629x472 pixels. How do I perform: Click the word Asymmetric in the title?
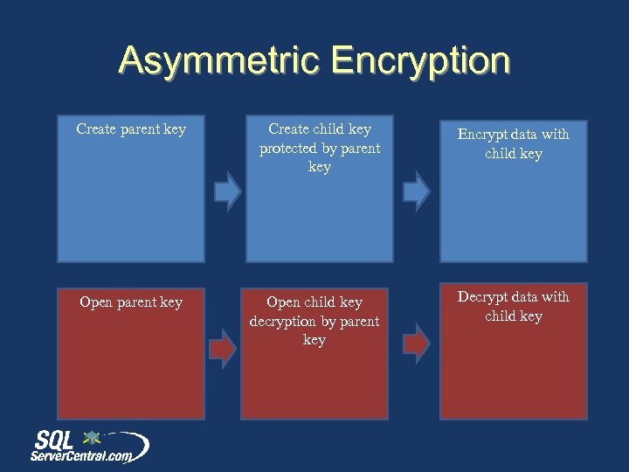coord(218,61)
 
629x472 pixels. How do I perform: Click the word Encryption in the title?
coord(421,61)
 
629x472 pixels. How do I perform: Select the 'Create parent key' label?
coord(131,129)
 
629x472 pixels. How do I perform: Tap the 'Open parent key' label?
coord(131,302)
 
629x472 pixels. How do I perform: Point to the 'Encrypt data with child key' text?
coord(514,143)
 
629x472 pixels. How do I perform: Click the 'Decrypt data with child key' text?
coord(514,306)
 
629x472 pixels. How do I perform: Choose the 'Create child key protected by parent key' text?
coord(320,148)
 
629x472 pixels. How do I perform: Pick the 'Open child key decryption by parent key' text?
coord(314,321)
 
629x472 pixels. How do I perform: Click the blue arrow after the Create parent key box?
coord(228,191)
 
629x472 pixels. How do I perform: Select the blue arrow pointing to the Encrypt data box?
coord(417,191)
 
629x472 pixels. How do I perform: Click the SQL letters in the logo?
coord(58,440)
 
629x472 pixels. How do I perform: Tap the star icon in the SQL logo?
coord(91,437)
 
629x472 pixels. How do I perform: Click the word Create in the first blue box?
coord(96,129)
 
